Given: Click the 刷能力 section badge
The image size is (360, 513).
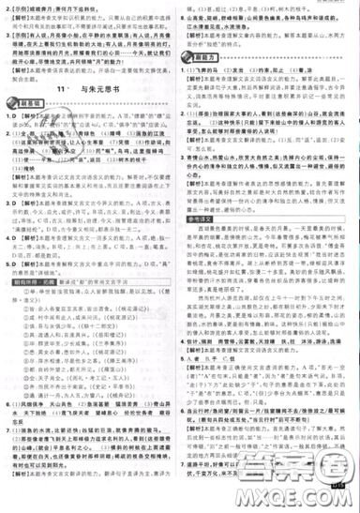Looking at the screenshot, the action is tap(199, 60).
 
